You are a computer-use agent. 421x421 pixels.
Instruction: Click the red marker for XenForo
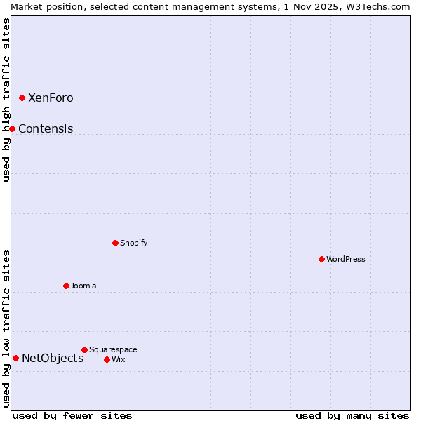tap(22, 98)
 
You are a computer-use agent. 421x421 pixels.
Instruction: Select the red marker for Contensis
tap(12, 128)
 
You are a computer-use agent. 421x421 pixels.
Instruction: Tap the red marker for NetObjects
tap(15, 358)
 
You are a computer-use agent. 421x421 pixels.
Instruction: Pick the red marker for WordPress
tap(321, 259)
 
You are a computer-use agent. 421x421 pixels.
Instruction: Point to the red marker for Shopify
tap(115, 243)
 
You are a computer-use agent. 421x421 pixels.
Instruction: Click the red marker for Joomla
tap(66, 286)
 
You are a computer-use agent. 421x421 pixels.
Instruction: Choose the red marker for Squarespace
tap(84, 349)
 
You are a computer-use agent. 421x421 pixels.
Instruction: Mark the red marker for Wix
tap(107, 359)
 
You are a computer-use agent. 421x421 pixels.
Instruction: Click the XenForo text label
tap(51, 98)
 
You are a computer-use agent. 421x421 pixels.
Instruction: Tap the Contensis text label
tap(46, 129)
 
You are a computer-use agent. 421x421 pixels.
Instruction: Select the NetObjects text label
tap(53, 359)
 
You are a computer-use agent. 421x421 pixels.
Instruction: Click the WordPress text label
tap(346, 260)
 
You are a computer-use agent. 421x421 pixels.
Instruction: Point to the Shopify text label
tap(134, 243)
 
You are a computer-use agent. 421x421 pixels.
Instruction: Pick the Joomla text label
tap(83, 286)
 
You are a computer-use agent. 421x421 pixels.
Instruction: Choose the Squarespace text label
tap(113, 350)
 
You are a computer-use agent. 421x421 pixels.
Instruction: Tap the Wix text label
tap(119, 360)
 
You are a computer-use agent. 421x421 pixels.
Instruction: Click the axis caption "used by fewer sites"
tap(72, 416)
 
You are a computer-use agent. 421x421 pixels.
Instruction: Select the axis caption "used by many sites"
tap(352, 416)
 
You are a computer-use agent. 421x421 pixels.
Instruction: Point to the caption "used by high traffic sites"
tap(6, 100)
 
